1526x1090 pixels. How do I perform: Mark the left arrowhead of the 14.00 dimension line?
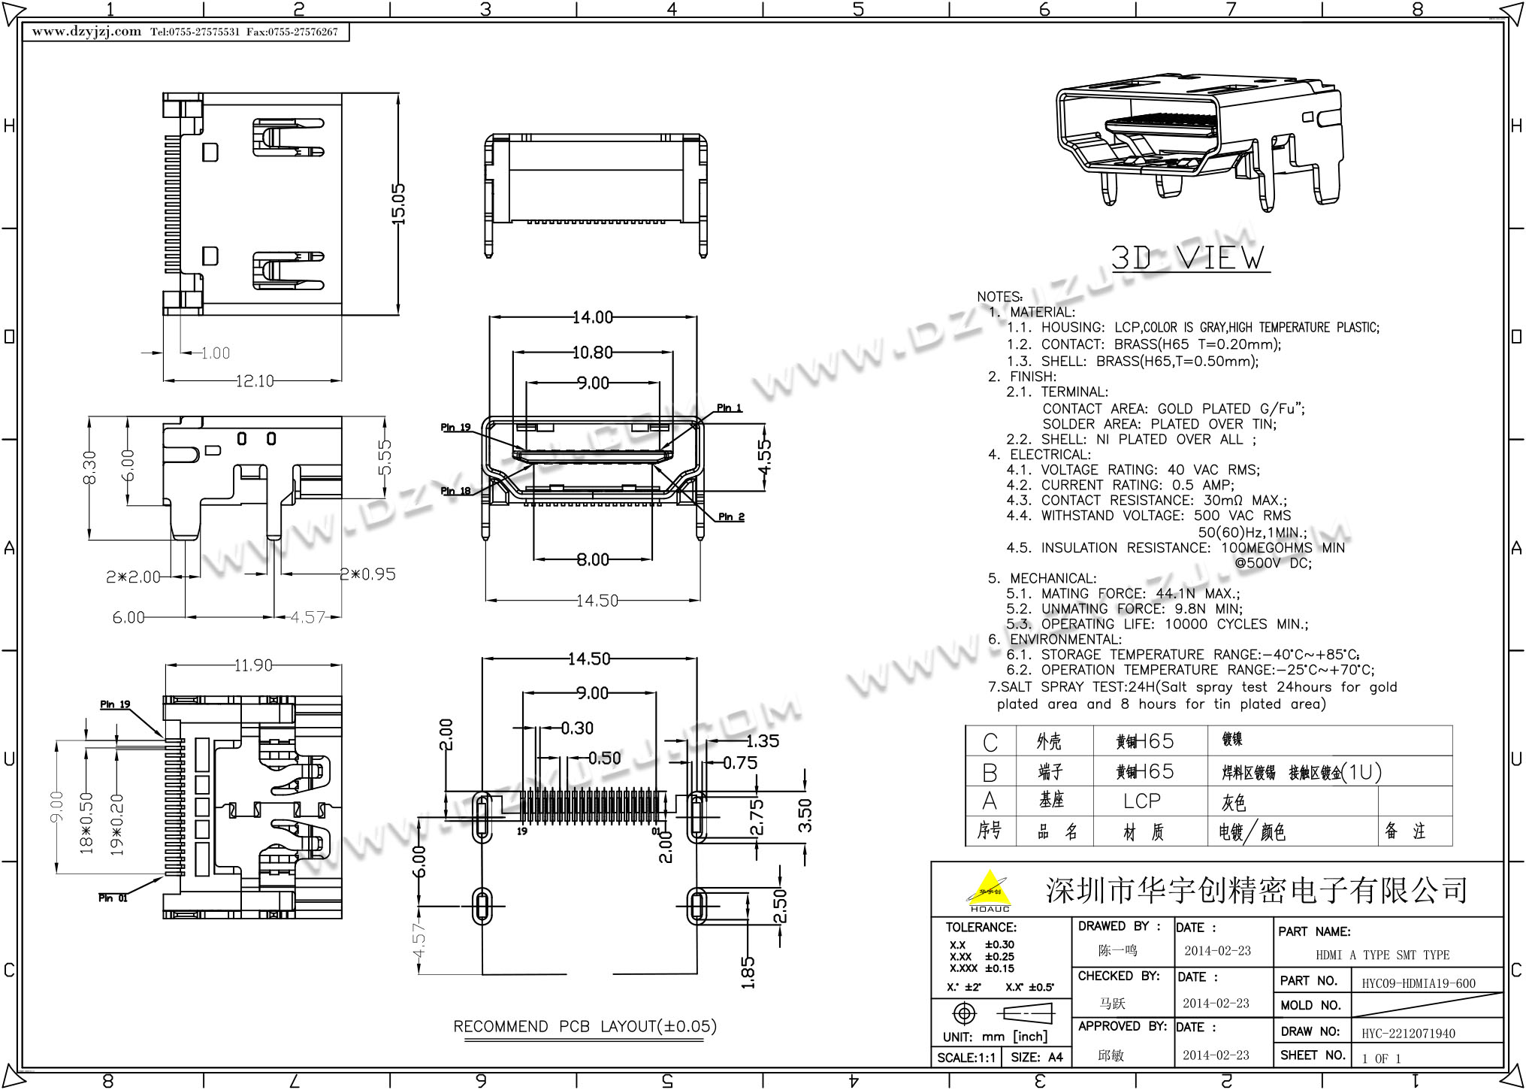(494, 317)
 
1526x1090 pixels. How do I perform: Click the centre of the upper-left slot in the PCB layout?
(481, 816)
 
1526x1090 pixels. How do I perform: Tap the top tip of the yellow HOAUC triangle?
(991, 870)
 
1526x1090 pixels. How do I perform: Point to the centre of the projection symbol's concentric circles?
(964, 1014)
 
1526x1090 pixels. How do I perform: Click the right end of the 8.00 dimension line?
(651, 559)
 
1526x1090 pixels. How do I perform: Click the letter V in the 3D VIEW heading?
(1191, 258)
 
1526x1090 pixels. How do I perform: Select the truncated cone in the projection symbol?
(1029, 1014)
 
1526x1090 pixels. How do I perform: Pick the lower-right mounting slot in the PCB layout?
(698, 906)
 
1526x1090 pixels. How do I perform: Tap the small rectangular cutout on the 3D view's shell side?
(1307, 117)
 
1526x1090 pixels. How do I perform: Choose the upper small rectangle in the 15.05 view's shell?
(210, 153)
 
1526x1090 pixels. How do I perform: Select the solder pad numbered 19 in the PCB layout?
(524, 805)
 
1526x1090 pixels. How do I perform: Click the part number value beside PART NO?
(1419, 983)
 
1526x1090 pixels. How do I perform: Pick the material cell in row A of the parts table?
(1142, 801)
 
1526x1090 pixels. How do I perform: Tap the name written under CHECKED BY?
(1113, 1004)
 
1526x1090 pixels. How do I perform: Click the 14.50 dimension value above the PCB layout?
(589, 659)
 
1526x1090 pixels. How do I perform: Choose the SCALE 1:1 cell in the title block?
(966, 1057)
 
